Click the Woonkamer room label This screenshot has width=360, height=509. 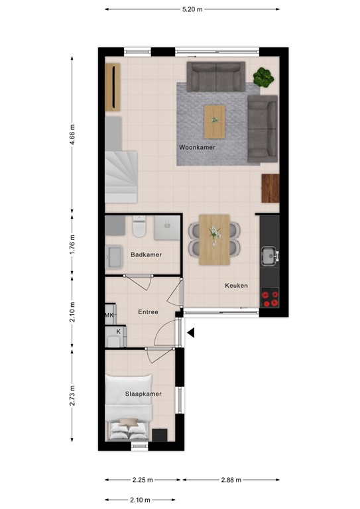coord(197,146)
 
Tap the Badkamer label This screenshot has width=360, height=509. coord(146,254)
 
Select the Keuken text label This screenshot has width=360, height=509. coord(236,286)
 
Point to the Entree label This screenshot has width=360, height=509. coord(148,311)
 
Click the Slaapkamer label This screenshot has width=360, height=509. coord(143,394)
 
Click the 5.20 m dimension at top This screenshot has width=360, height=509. coord(192,9)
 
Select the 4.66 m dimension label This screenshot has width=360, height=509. coord(73,135)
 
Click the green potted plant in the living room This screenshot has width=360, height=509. coord(263,77)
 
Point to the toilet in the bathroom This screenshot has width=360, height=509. coord(139,228)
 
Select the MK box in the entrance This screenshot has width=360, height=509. coord(109,316)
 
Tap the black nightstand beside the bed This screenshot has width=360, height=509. coord(160,435)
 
